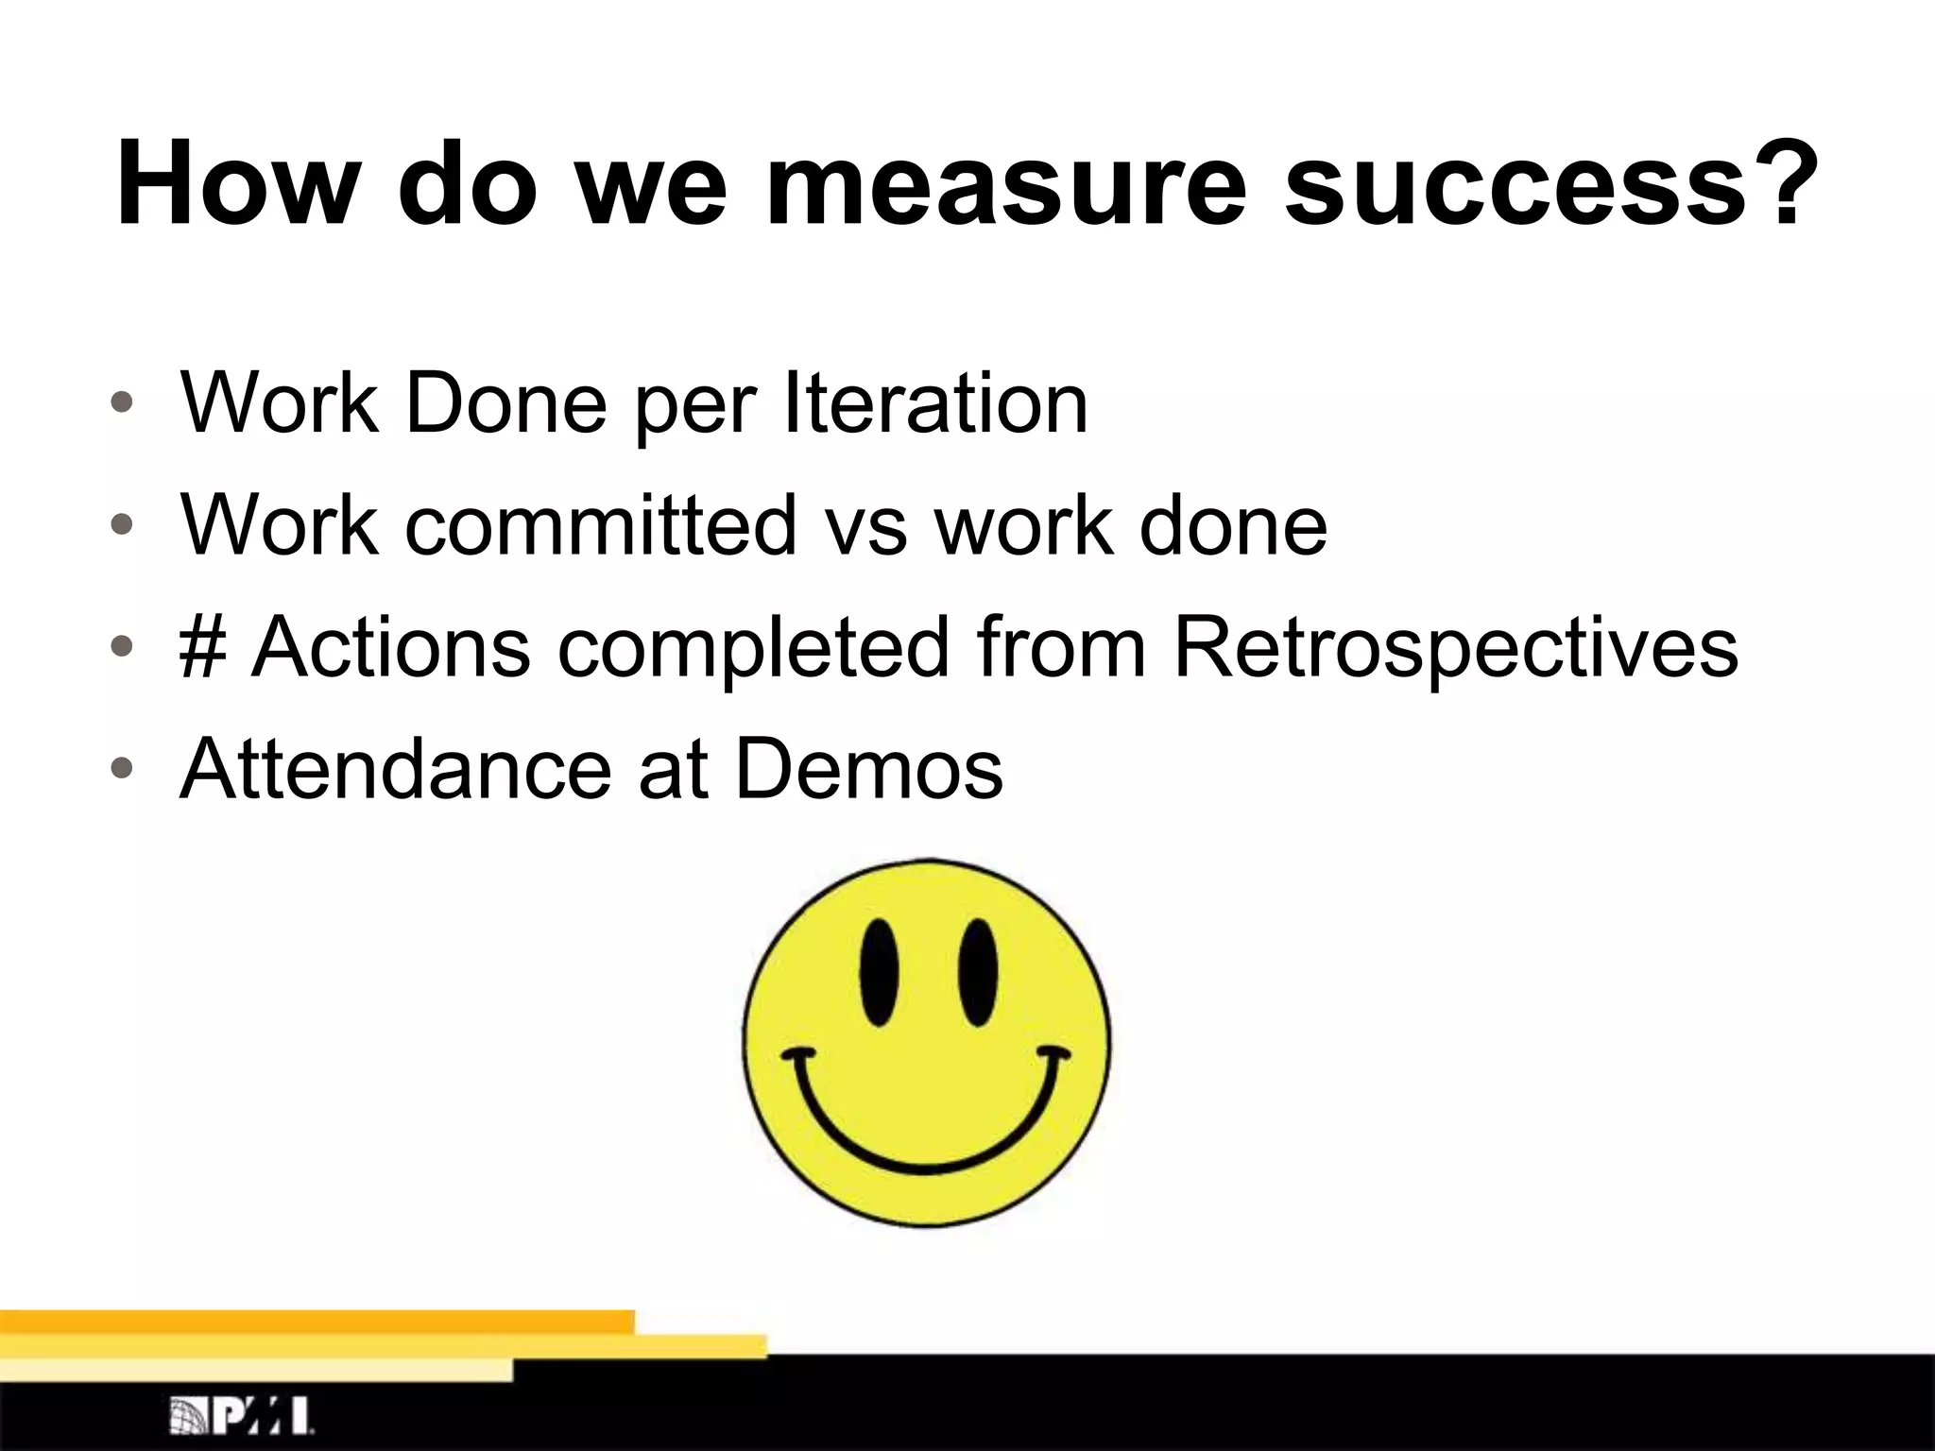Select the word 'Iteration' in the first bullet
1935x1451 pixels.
pos(936,404)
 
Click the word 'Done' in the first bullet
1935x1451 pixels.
pos(505,404)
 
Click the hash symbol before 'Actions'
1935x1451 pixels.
pos(201,648)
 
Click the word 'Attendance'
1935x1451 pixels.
pos(396,769)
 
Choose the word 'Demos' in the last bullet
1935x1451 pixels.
pos(868,769)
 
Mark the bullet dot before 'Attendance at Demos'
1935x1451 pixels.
pos(121,769)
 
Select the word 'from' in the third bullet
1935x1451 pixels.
pos(1060,648)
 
